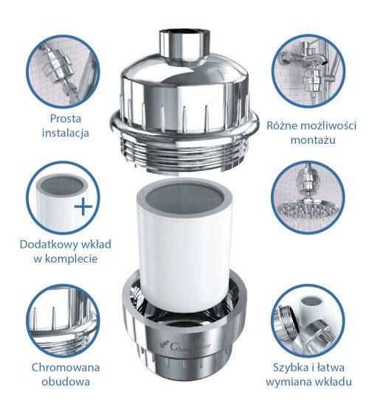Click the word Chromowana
[66, 366]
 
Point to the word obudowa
[66, 381]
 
